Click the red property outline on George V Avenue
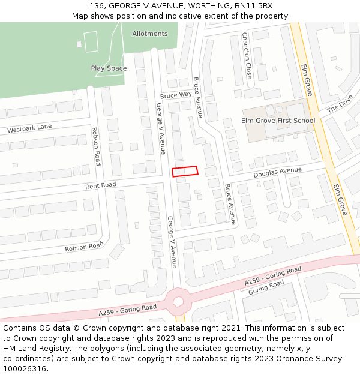tap(185, 171)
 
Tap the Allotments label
tap(150, 34)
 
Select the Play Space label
tap(109, 68)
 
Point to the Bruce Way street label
tap(176, 95)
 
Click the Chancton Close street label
tap(247, 56)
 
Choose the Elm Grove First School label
tap(278, 121)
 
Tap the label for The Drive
tap(340, 106)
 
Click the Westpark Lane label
tap(29, 128)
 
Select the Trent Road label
tap(100, 185)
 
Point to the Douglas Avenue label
tap(277, 172)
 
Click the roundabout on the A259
tap(178, 299)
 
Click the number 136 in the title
tap(99, 6)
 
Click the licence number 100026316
tap(25, 368)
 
